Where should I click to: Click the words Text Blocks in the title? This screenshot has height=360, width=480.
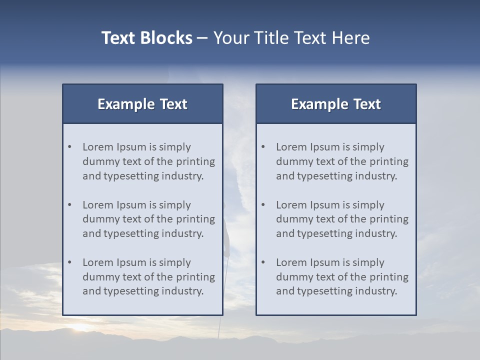[146, 38]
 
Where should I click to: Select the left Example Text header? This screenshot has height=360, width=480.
[142, 104]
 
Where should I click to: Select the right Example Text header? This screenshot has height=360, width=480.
[336, 104]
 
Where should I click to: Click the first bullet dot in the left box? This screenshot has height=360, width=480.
[70, 147]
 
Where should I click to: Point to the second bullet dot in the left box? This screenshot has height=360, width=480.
[70, 205]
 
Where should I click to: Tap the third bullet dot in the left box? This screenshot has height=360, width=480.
[70, 262]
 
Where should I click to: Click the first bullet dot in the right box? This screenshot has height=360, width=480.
[263, 147]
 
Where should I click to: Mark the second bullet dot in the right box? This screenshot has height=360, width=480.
[263, 205]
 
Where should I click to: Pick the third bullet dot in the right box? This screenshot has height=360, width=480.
[263, 262]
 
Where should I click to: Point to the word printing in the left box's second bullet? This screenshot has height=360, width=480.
[196, 219]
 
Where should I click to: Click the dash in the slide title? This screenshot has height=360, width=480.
[202, 38]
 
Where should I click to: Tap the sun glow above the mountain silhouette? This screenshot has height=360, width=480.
[83, 327]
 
